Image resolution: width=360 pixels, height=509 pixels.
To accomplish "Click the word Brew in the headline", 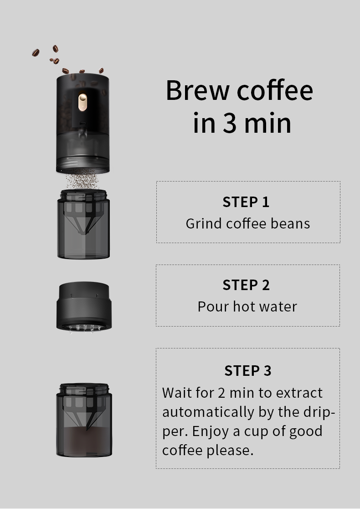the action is pos(197,90).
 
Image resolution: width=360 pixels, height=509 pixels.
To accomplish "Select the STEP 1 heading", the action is pos(246,202).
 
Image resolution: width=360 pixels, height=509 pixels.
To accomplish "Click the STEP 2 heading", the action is pos(246,285).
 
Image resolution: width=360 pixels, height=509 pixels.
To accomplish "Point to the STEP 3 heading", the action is pos(248,371).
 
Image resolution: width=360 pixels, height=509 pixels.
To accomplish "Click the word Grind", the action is pos(203,223).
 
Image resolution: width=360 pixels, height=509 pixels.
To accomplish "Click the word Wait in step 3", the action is pos(177,393).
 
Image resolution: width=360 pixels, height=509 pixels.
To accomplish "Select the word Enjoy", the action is pos(211,431).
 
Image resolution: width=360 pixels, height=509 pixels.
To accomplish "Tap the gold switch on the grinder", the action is pos(82,102).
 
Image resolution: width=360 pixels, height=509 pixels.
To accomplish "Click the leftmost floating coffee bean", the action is pos(36,52).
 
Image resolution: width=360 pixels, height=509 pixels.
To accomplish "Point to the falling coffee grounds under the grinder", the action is pos(82,181).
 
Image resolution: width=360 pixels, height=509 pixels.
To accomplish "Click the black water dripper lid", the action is pos(84,306).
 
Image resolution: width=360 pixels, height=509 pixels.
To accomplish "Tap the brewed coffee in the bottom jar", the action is pos(84,441).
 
